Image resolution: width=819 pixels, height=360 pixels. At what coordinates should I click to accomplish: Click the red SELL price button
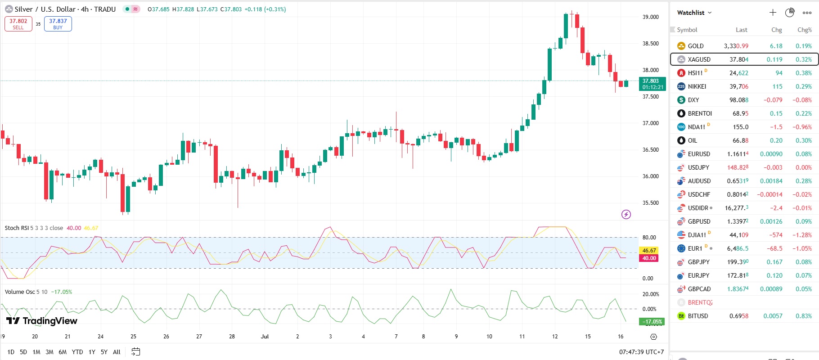18,24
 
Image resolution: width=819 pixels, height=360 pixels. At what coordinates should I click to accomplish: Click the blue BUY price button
58,24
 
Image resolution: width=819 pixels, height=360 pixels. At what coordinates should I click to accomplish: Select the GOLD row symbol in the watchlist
695,46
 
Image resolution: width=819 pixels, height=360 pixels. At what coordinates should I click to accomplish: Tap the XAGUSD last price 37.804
738,59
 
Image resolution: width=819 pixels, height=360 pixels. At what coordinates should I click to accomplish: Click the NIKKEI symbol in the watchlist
697,86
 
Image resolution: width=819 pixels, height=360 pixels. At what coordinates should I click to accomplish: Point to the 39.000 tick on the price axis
650,17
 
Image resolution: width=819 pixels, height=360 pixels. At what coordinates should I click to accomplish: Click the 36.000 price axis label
650,176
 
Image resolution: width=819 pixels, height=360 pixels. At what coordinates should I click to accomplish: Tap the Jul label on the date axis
265,337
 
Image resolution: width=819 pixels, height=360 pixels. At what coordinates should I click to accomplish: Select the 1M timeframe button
36,352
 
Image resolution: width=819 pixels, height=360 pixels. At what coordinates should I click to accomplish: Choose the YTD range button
77,352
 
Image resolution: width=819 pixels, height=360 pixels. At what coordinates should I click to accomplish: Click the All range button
117,352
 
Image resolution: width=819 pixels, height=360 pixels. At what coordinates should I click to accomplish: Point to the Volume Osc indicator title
20,292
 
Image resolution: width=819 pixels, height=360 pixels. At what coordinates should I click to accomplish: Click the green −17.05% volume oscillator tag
652,322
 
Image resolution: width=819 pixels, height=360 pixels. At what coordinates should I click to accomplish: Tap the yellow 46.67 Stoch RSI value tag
649,250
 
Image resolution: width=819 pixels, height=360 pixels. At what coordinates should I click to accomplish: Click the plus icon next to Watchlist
773,13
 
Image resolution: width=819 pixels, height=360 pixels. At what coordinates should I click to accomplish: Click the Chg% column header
804,30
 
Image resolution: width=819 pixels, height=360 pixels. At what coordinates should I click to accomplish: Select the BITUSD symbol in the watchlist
697,316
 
